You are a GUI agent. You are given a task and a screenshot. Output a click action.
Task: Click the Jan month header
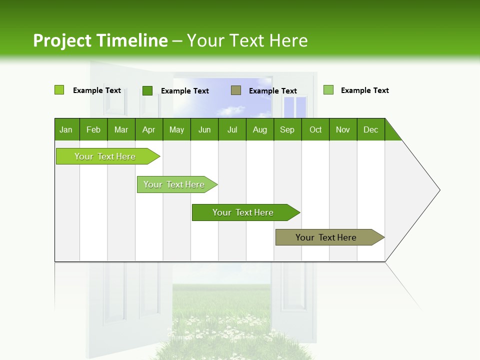[66, 129]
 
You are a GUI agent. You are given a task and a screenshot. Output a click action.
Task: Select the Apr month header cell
[149, 129]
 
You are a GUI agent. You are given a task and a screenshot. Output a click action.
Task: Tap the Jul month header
[232, 129]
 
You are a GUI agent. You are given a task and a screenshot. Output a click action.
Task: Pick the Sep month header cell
[287, 129]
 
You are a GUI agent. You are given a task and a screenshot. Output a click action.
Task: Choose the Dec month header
[370, 129]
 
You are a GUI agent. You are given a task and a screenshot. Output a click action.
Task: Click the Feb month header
[93, 129]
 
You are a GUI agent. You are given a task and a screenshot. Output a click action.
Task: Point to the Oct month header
[315, 129]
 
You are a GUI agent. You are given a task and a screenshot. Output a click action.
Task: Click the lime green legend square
[59, 90]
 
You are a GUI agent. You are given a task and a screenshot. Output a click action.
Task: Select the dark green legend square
[147, 90]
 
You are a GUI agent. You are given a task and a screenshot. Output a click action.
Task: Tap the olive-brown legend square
[236, 90]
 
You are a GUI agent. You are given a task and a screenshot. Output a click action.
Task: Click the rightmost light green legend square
[328, 90]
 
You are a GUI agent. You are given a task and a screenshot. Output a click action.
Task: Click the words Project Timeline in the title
[100, 40]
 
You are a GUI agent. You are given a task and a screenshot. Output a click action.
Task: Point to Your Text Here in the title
[247, 40]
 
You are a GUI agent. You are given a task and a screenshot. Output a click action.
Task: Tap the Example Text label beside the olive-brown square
[272, 91]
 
